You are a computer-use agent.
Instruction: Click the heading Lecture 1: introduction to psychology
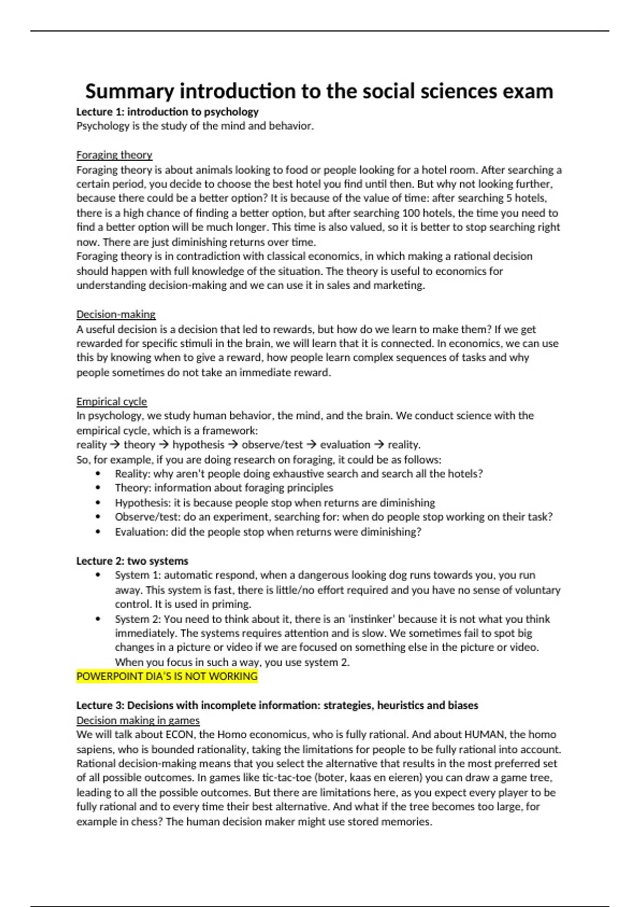(x=167, y=112)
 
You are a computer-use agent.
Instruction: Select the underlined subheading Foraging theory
(x=114, y=155)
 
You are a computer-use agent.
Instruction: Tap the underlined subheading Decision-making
(x=116, y=314)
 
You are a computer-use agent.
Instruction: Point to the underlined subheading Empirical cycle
(x=111, y=402)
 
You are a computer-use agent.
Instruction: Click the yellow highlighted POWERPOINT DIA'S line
(x=167, y=677)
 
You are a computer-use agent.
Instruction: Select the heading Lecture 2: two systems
(x=132, y=561)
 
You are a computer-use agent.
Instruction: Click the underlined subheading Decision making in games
(x=138, y=721)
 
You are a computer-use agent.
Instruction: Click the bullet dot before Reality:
(x=98, y=474)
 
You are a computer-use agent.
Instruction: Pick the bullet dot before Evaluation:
(x=98, y=532)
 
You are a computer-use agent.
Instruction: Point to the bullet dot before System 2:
(x=98, y=619)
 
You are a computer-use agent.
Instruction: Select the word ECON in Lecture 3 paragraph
(x=180, y=735)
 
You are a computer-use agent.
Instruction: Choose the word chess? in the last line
(x=145, y=822)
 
